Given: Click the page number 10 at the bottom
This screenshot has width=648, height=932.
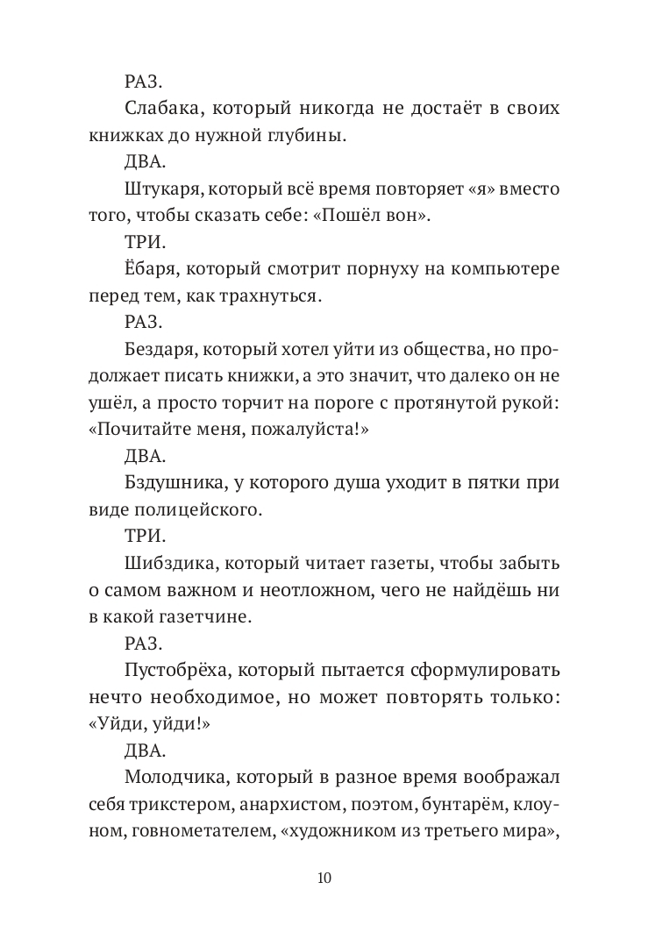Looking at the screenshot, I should pos(324,878).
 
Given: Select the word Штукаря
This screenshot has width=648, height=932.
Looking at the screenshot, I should pos(158,189).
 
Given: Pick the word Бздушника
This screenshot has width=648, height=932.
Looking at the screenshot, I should pos(168,483).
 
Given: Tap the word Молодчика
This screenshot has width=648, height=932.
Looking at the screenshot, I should pos(168,778).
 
